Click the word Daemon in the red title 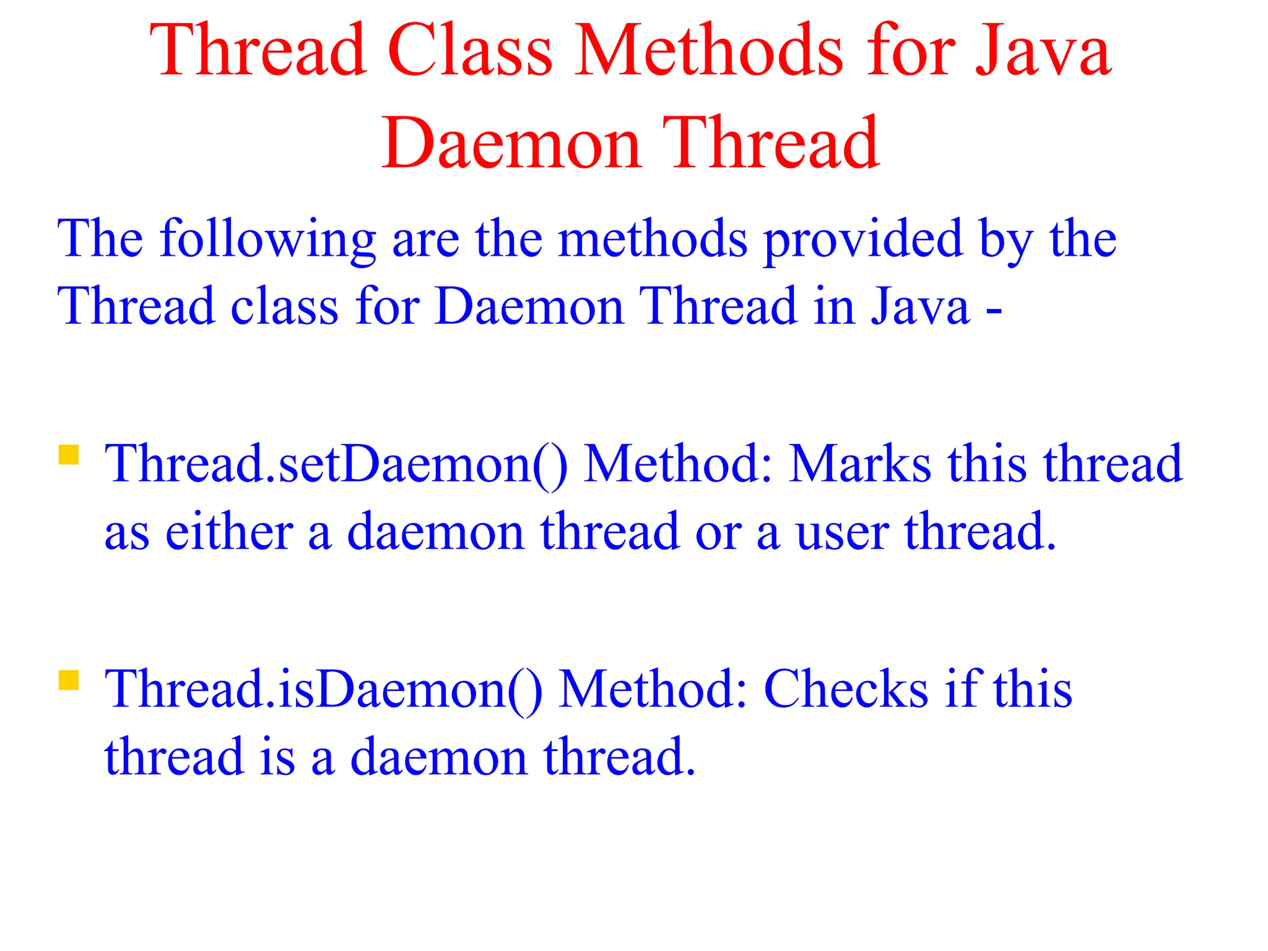coord(511,144)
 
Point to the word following coord(267,240)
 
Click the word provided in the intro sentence coord(863,240)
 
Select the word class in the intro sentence coord(284,306)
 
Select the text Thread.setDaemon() coord(336,464)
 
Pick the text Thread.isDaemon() coord(323,689)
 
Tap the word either coord(229,532)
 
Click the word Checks coord(846,689)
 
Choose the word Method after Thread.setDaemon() coord(679,464)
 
